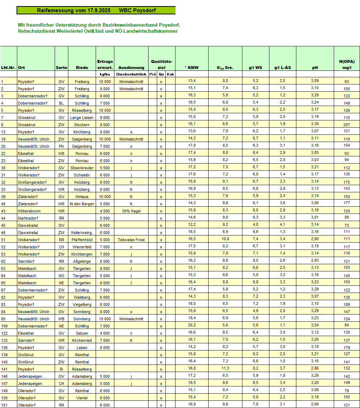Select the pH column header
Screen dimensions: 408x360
coord(315,68)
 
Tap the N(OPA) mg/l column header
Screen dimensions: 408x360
coord(347,64)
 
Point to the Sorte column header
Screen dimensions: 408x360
coord(61,68)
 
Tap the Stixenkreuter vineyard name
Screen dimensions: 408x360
coord(82,168)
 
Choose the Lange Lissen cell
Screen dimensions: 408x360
coord(82,118)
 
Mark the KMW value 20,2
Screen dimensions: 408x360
coord(192,326)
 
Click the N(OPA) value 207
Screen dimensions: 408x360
coord(347,125)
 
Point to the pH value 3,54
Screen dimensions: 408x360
coord(315,326)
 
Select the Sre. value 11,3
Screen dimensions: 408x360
coord(225,369)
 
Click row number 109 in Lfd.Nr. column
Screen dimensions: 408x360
coord(4,326)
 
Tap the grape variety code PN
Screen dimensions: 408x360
coord(61,146)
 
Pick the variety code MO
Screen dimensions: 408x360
coord(61,276)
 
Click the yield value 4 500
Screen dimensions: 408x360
coord(105,211)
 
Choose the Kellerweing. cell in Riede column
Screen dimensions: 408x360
coord(82,233)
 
